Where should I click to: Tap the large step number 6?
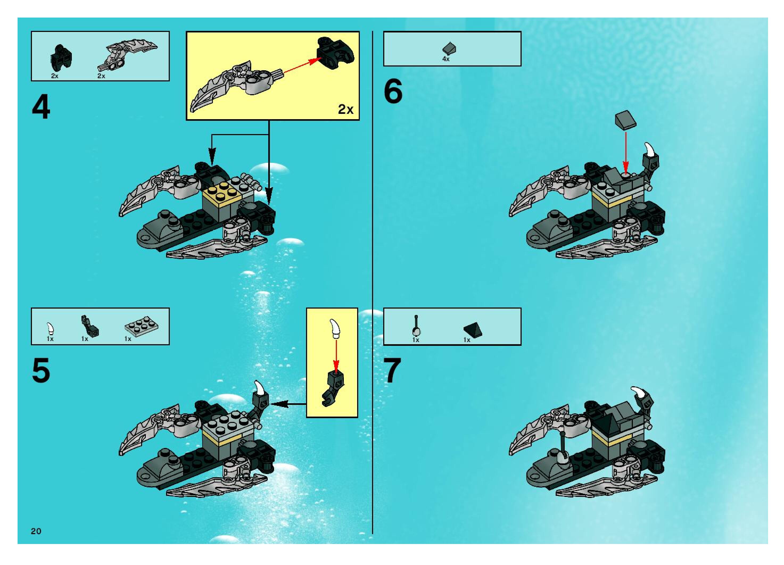393,91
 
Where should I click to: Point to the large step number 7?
393,371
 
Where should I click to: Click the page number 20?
36,531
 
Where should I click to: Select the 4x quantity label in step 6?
446,59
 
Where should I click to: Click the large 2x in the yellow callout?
346,109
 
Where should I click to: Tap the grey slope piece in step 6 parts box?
449,49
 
